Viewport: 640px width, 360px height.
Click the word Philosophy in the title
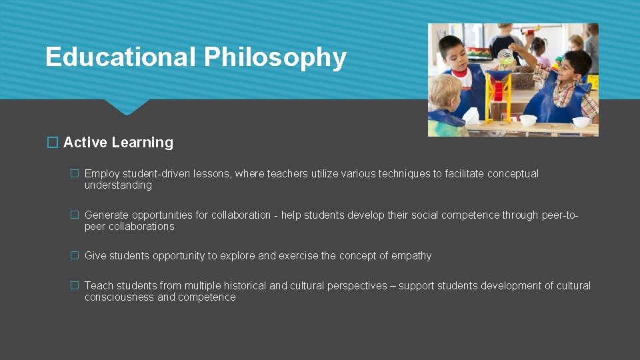point(275,58)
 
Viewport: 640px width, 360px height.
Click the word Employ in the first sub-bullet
point(102,174)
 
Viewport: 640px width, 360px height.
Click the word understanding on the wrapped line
point(118,185)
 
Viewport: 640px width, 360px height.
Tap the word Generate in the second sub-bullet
point(107,215)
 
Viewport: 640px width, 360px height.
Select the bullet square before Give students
point(75,256)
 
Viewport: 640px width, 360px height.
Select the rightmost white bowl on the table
point(581,122)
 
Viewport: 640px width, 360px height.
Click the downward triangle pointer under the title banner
point(126,107)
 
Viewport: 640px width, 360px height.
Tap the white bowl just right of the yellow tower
point(528,120)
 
